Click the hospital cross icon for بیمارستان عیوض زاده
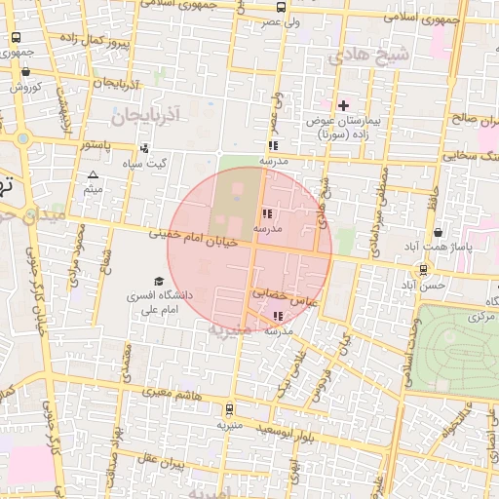pyautogui.click(x=343, y=105)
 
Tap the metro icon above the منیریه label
pyautogui.click(x=230, y=410)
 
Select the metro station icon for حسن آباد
pyautogui.click(x=423, y=270)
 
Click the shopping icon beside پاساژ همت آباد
pyautogui.click(x=439, y=233)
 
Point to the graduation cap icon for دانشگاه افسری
pyautogui.click(x=159, y=281)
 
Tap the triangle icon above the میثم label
pyautogui.click(x=94, y=175)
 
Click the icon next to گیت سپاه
pyautogui.click(x=144, y=149)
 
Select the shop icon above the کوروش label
pyautogui.click(x=25, y=71)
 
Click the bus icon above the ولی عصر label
pyautogui.click(x=282, y=6)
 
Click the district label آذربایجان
pyautogui.click(x=146, y=117)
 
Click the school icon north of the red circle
pyautogui.click(x=273, y=145)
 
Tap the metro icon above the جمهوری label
pyautogui.click(x=16, y=37)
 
